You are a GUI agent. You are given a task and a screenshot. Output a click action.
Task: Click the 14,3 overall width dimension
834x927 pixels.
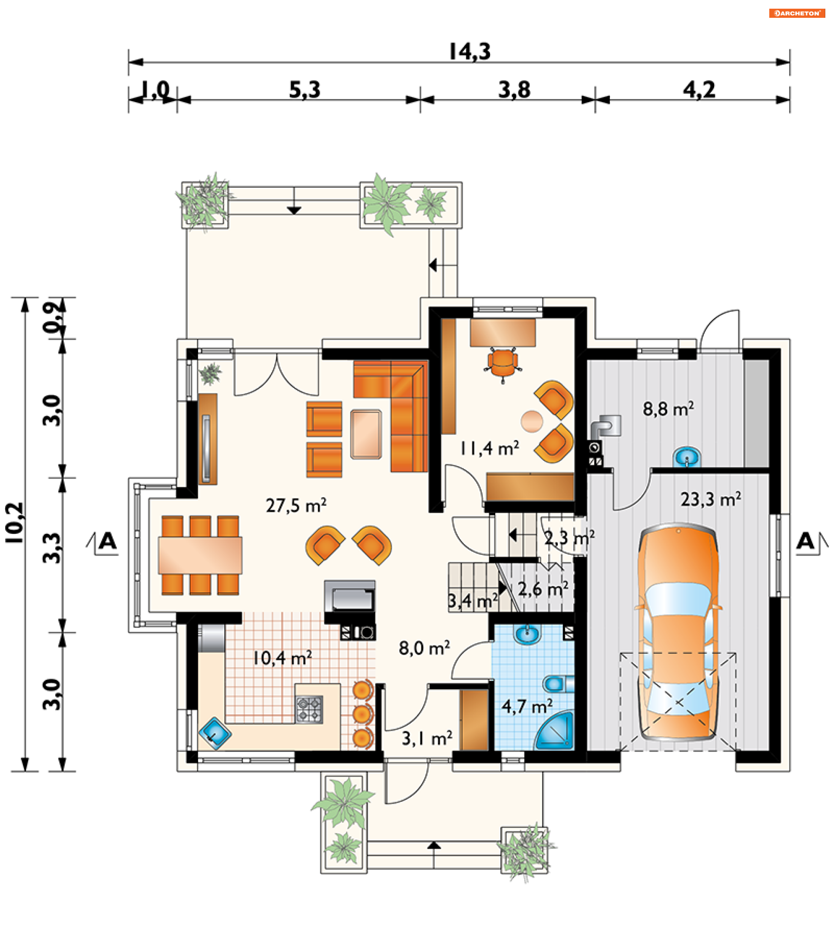(470, 52)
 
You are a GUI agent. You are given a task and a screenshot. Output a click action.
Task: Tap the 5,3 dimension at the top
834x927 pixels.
(305, 90)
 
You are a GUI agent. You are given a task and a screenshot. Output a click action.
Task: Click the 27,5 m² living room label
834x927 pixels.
(296, 506)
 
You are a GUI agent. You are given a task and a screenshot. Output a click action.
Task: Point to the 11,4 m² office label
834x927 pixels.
(490, 448)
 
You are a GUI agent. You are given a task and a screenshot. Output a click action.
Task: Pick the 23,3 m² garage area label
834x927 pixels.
(711, 499)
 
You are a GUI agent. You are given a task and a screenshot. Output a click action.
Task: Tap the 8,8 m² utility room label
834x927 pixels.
(669, 409)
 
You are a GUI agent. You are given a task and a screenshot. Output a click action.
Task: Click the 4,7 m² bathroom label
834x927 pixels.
(527, 707)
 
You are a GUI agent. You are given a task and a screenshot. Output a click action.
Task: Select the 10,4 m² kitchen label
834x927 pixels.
(282, 658)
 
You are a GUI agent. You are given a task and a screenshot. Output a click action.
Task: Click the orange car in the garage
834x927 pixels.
(678, 634)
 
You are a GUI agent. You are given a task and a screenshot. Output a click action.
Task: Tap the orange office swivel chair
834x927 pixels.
(503, 364)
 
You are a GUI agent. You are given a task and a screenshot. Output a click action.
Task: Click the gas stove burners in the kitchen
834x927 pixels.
(309, 709)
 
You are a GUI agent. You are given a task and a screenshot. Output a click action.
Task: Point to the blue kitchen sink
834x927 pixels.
(215, 733)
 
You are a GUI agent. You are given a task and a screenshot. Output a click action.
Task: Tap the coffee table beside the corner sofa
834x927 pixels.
(366, 434)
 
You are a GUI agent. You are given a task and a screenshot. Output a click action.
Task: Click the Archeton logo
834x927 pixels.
(797, 13)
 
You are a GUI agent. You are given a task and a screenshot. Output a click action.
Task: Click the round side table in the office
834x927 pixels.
(532, 421)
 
